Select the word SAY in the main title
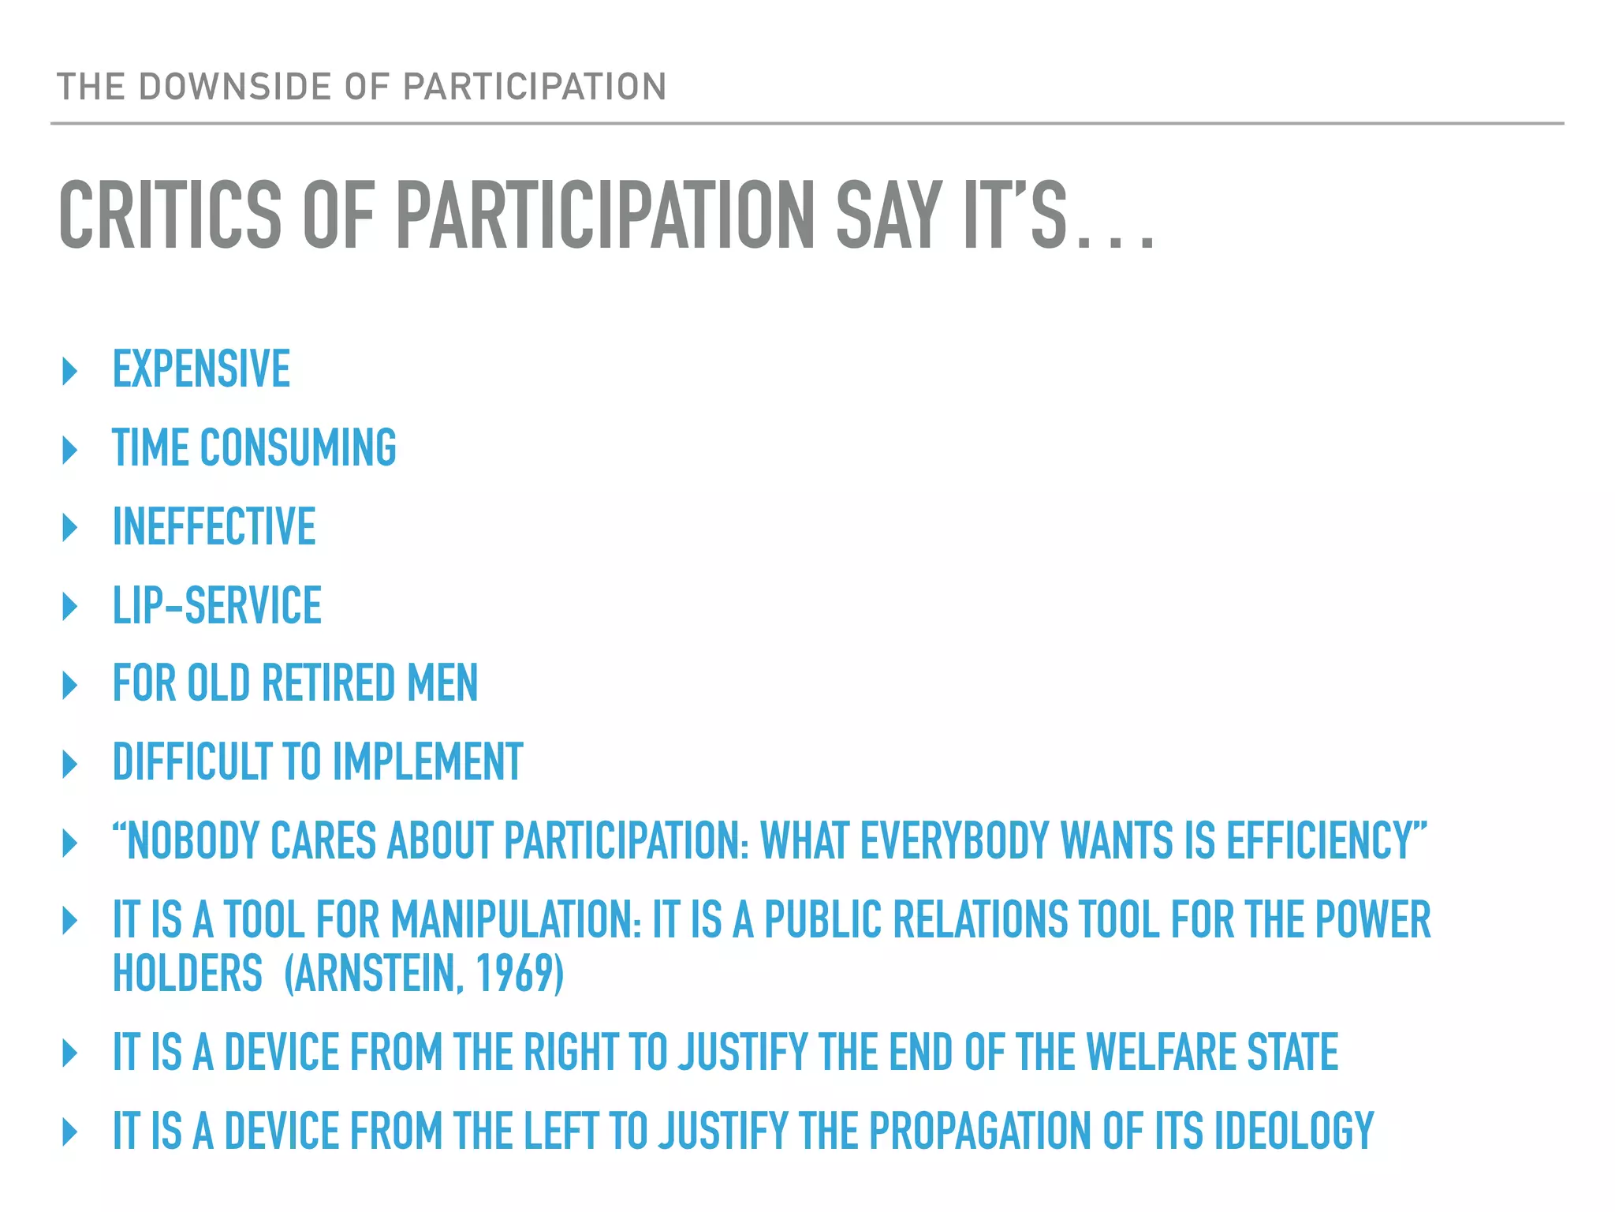point(889,215)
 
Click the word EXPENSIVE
point(202,369)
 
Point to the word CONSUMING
point(298,448)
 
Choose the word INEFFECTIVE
point(214,527)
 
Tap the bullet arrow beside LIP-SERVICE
point(70,606)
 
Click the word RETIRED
point(329,683)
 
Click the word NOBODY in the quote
point(193,841)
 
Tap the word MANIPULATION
point(517,920)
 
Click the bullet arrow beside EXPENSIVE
point(70,371)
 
